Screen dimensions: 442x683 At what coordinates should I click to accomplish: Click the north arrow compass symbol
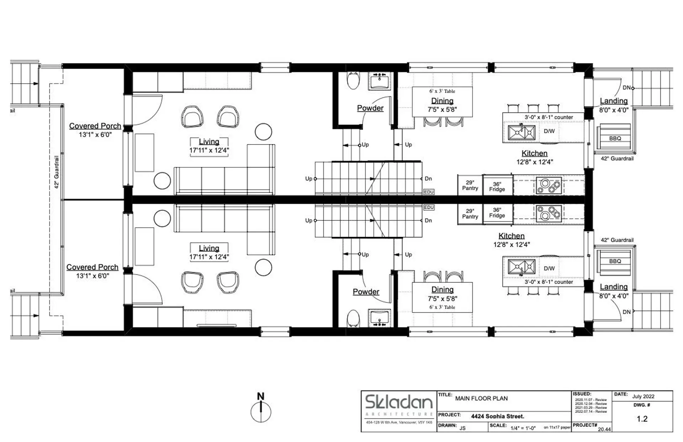(261, 411)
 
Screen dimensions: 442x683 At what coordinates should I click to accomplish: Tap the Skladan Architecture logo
(399, 402)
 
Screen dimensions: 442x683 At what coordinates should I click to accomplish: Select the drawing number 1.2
(642, 419)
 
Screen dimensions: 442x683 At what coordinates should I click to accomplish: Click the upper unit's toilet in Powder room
(353, 81)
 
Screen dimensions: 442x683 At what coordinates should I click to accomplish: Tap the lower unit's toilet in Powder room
(353, 318)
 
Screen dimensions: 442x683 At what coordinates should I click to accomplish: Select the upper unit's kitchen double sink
(521, 132)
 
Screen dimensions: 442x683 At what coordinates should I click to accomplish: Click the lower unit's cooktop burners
(549, 214)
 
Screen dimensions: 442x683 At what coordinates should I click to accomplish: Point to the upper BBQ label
(615, 138)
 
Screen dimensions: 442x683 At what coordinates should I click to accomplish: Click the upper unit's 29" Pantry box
(470, 185)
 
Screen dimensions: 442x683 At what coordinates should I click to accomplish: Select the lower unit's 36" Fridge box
(497, 213)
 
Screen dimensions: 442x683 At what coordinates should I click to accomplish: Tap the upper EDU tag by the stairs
(429, 192)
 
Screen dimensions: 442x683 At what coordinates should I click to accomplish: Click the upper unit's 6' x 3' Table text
(442, 91)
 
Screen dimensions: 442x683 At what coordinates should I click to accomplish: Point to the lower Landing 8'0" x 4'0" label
(614, 291)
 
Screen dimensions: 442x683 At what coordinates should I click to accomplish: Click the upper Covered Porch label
(95, 126)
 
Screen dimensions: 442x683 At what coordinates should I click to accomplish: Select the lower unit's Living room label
(209, 248)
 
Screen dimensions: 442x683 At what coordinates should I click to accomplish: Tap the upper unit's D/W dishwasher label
(549, 131)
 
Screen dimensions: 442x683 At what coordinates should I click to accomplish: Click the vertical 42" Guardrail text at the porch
(57, 172)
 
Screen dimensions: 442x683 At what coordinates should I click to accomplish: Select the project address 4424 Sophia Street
(497, 416)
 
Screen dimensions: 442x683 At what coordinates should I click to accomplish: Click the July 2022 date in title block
(643, 396)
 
